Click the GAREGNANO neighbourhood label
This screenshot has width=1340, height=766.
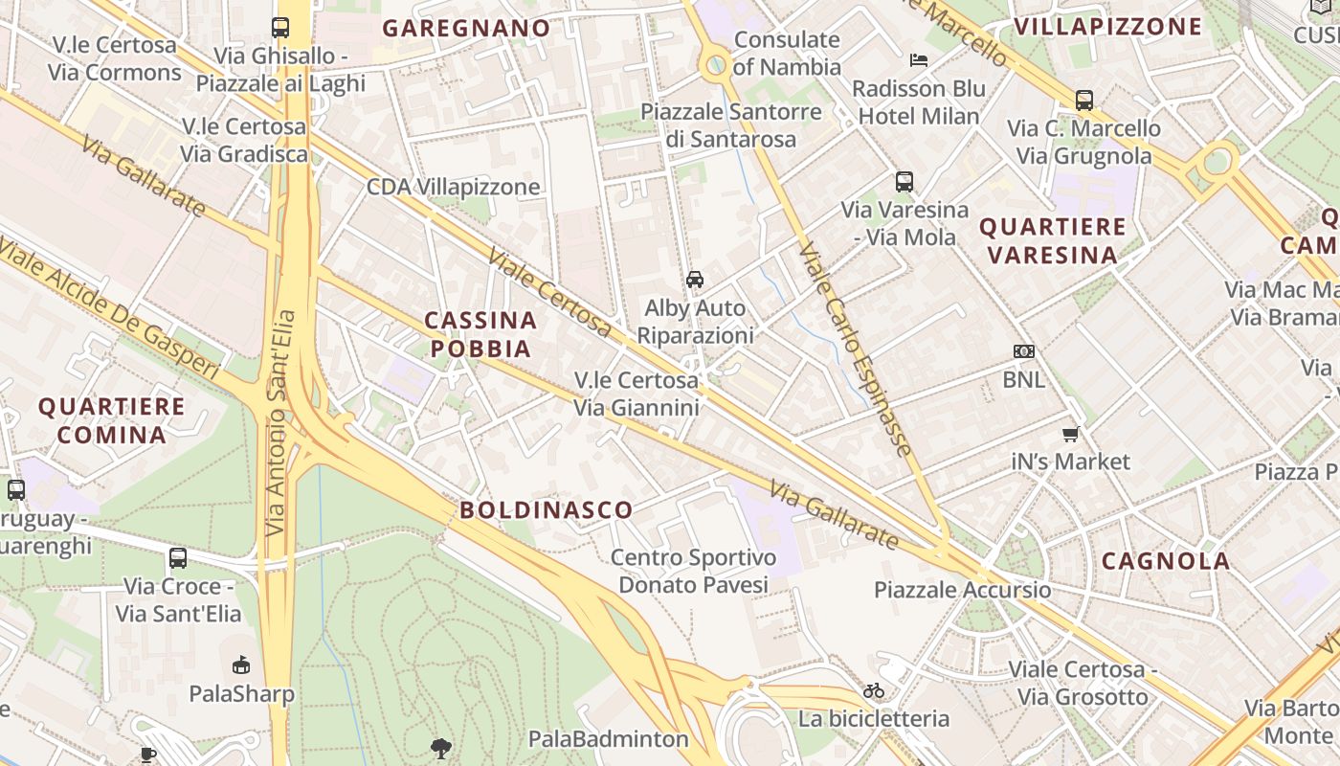466,28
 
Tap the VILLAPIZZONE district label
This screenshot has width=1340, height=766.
1107,26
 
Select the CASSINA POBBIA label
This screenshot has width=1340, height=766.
480,334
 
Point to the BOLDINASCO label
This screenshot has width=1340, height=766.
547,509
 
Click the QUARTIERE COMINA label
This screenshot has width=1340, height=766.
111,420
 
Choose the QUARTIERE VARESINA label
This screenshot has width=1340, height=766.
1053,240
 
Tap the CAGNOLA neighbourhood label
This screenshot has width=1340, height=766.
1166,561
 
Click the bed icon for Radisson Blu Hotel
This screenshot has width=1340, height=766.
919,60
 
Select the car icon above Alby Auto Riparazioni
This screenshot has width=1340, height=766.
695,280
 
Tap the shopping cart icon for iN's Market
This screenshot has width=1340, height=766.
1071,434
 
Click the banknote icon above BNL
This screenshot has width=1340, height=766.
1024,351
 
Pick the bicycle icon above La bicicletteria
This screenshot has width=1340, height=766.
874,690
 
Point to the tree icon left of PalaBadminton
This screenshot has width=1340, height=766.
441,747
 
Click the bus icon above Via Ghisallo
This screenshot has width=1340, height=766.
280,28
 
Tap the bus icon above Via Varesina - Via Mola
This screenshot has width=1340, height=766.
904,181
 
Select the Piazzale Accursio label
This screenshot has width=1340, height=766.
962,590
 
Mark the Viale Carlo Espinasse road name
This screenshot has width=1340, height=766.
855,349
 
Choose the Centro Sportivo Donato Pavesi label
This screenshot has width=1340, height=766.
693,571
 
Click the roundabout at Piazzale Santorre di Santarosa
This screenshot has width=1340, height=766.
714,66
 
